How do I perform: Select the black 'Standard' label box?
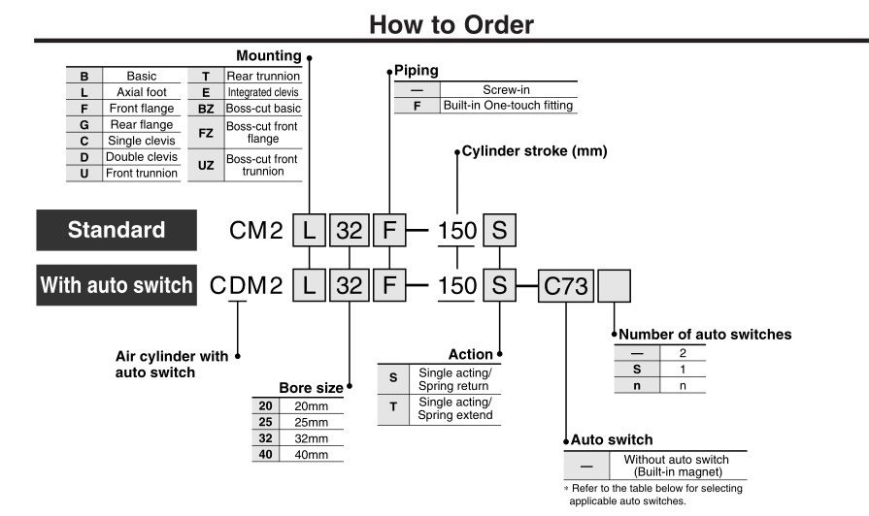click(x=116, y=231)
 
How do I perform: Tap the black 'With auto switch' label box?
click(x=116, y=285)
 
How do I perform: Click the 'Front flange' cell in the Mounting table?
click(x=142, y=109)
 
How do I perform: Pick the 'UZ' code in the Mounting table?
click(x=206, y=165)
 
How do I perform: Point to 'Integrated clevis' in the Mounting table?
click(x=263, y=92)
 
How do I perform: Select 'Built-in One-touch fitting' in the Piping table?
click(x=508, y=105)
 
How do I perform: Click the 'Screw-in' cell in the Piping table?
click(x=508, y=89)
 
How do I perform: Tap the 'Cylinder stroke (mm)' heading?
click(x=533, y=151)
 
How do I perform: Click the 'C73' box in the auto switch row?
click(x=564, y=286)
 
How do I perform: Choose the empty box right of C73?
click(x=615, y=286)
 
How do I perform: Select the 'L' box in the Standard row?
click(x=308, y=231)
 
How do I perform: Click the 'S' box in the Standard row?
click(x=499, y=231)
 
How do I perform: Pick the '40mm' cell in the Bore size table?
click(x=311, y=454)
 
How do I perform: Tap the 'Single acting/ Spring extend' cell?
click(x=454, y=409)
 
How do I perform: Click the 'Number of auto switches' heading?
click(x=705, y=335)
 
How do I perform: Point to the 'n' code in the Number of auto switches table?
click(x=637, y=385)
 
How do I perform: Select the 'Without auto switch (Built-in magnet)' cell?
click(x=676, y=466)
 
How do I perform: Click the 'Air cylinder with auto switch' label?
click(x=172, y=364)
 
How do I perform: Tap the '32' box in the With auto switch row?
click(x=349, y=286)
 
